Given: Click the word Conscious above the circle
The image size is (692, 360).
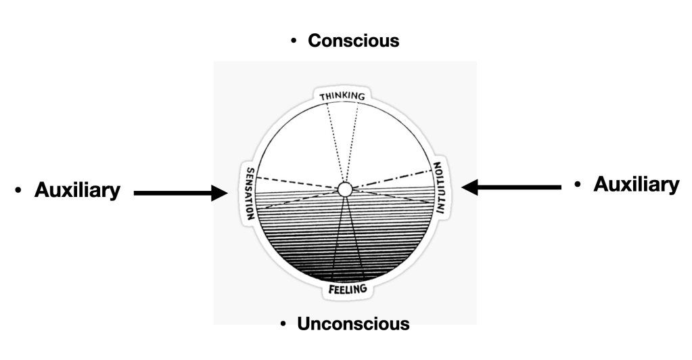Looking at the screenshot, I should (353, 41).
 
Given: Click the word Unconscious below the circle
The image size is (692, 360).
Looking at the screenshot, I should (353, 323).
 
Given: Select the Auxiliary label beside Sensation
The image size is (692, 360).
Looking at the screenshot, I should (77, 191).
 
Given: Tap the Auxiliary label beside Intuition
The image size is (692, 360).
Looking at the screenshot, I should (636, 184).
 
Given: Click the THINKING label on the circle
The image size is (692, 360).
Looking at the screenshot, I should (342, 96).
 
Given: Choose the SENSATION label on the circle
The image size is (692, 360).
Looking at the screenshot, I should (250, 194).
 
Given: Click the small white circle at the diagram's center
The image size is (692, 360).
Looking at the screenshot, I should (344, 189).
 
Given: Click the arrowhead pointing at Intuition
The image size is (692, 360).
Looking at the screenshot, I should (469, 186).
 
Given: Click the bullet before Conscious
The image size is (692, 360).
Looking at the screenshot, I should (294, 42).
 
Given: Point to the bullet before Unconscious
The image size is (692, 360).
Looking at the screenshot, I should (283, 324).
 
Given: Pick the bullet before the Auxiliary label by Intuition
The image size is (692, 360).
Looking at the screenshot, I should (578, 185).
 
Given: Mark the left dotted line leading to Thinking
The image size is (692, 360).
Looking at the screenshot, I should (332, 142).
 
